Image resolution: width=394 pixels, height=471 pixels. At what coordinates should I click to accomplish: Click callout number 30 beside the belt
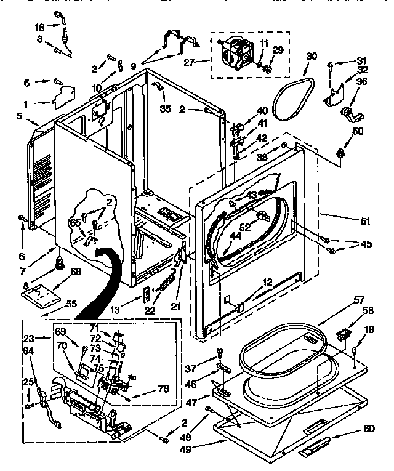(x=312, y=56)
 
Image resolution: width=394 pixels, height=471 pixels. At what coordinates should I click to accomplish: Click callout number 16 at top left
(x=39, y=28)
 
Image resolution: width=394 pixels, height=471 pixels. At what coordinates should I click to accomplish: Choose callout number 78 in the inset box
(x=163, y=388)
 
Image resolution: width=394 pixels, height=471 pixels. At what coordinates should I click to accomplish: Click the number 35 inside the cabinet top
(x=165, y=109)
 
